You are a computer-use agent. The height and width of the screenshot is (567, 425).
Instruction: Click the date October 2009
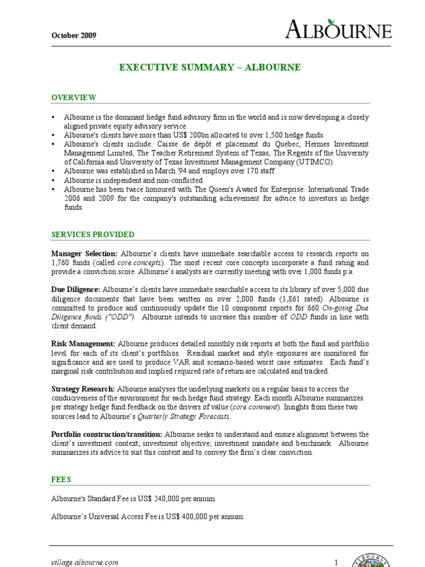74,35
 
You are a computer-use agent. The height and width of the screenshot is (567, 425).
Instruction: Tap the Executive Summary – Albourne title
210,68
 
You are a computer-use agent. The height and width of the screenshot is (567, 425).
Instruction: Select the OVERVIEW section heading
74,97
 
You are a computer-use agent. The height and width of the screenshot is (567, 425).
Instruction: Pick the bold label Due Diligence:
76,290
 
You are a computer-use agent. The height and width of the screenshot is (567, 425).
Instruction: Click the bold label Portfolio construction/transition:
107,435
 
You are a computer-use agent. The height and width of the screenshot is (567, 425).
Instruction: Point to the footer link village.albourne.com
85,563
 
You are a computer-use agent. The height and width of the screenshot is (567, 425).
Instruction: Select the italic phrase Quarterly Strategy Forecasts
184,416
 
